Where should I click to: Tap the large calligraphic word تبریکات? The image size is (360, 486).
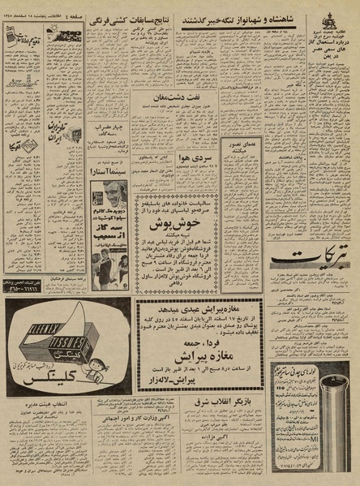pos(311,260)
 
